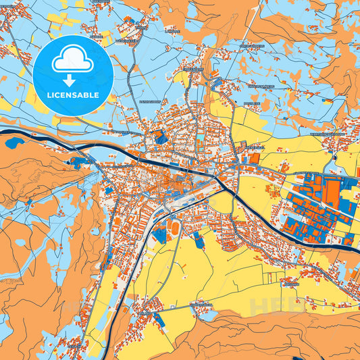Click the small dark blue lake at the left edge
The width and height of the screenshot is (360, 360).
coord(13,143)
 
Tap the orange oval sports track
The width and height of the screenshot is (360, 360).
coord(177,225)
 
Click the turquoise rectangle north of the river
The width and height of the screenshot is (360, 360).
coord(200,140)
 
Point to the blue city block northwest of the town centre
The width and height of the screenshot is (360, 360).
coord(161,137)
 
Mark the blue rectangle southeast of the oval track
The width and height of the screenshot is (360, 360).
coord(199,240)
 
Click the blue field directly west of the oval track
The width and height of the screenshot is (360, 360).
coord(160,235)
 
